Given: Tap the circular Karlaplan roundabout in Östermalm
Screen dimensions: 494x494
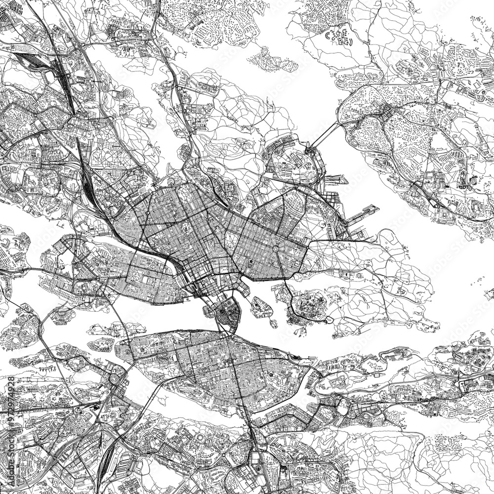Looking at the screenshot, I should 275,246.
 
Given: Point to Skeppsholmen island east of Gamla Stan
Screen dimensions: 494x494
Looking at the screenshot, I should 260,307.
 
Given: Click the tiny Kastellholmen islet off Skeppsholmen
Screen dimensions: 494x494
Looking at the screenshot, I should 274,324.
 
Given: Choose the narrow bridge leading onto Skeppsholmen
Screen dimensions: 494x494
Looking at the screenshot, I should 247,299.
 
